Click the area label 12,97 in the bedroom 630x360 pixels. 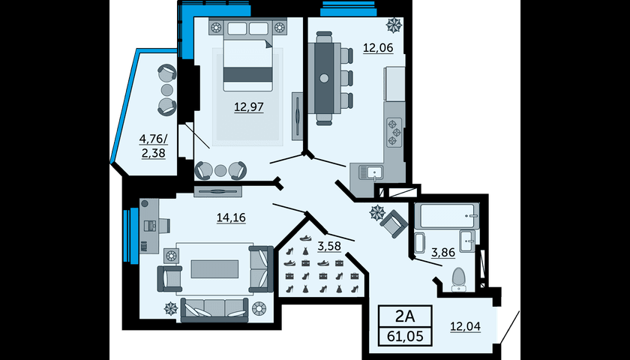click(249, 107)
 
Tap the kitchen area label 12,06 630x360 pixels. click(378, 48)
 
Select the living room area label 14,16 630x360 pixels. click(231, 217)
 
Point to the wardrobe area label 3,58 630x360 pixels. click(329, 246)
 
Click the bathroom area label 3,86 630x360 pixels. click(443, 253)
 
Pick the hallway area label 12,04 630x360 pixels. click(465, 327)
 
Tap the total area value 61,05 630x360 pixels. click(405, 336)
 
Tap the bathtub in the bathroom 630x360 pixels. click(446, 216)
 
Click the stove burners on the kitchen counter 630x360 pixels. click(393, 133)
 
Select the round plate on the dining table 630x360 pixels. click(324, 78)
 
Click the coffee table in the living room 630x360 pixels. click(214, 268)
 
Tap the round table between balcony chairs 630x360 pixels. click(167, 89)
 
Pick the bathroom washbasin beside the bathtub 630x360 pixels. click(467, 241)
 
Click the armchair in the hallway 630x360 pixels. click(394, 223)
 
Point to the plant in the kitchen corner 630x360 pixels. click(394, 25)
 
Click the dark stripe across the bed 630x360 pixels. click(248, 74)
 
